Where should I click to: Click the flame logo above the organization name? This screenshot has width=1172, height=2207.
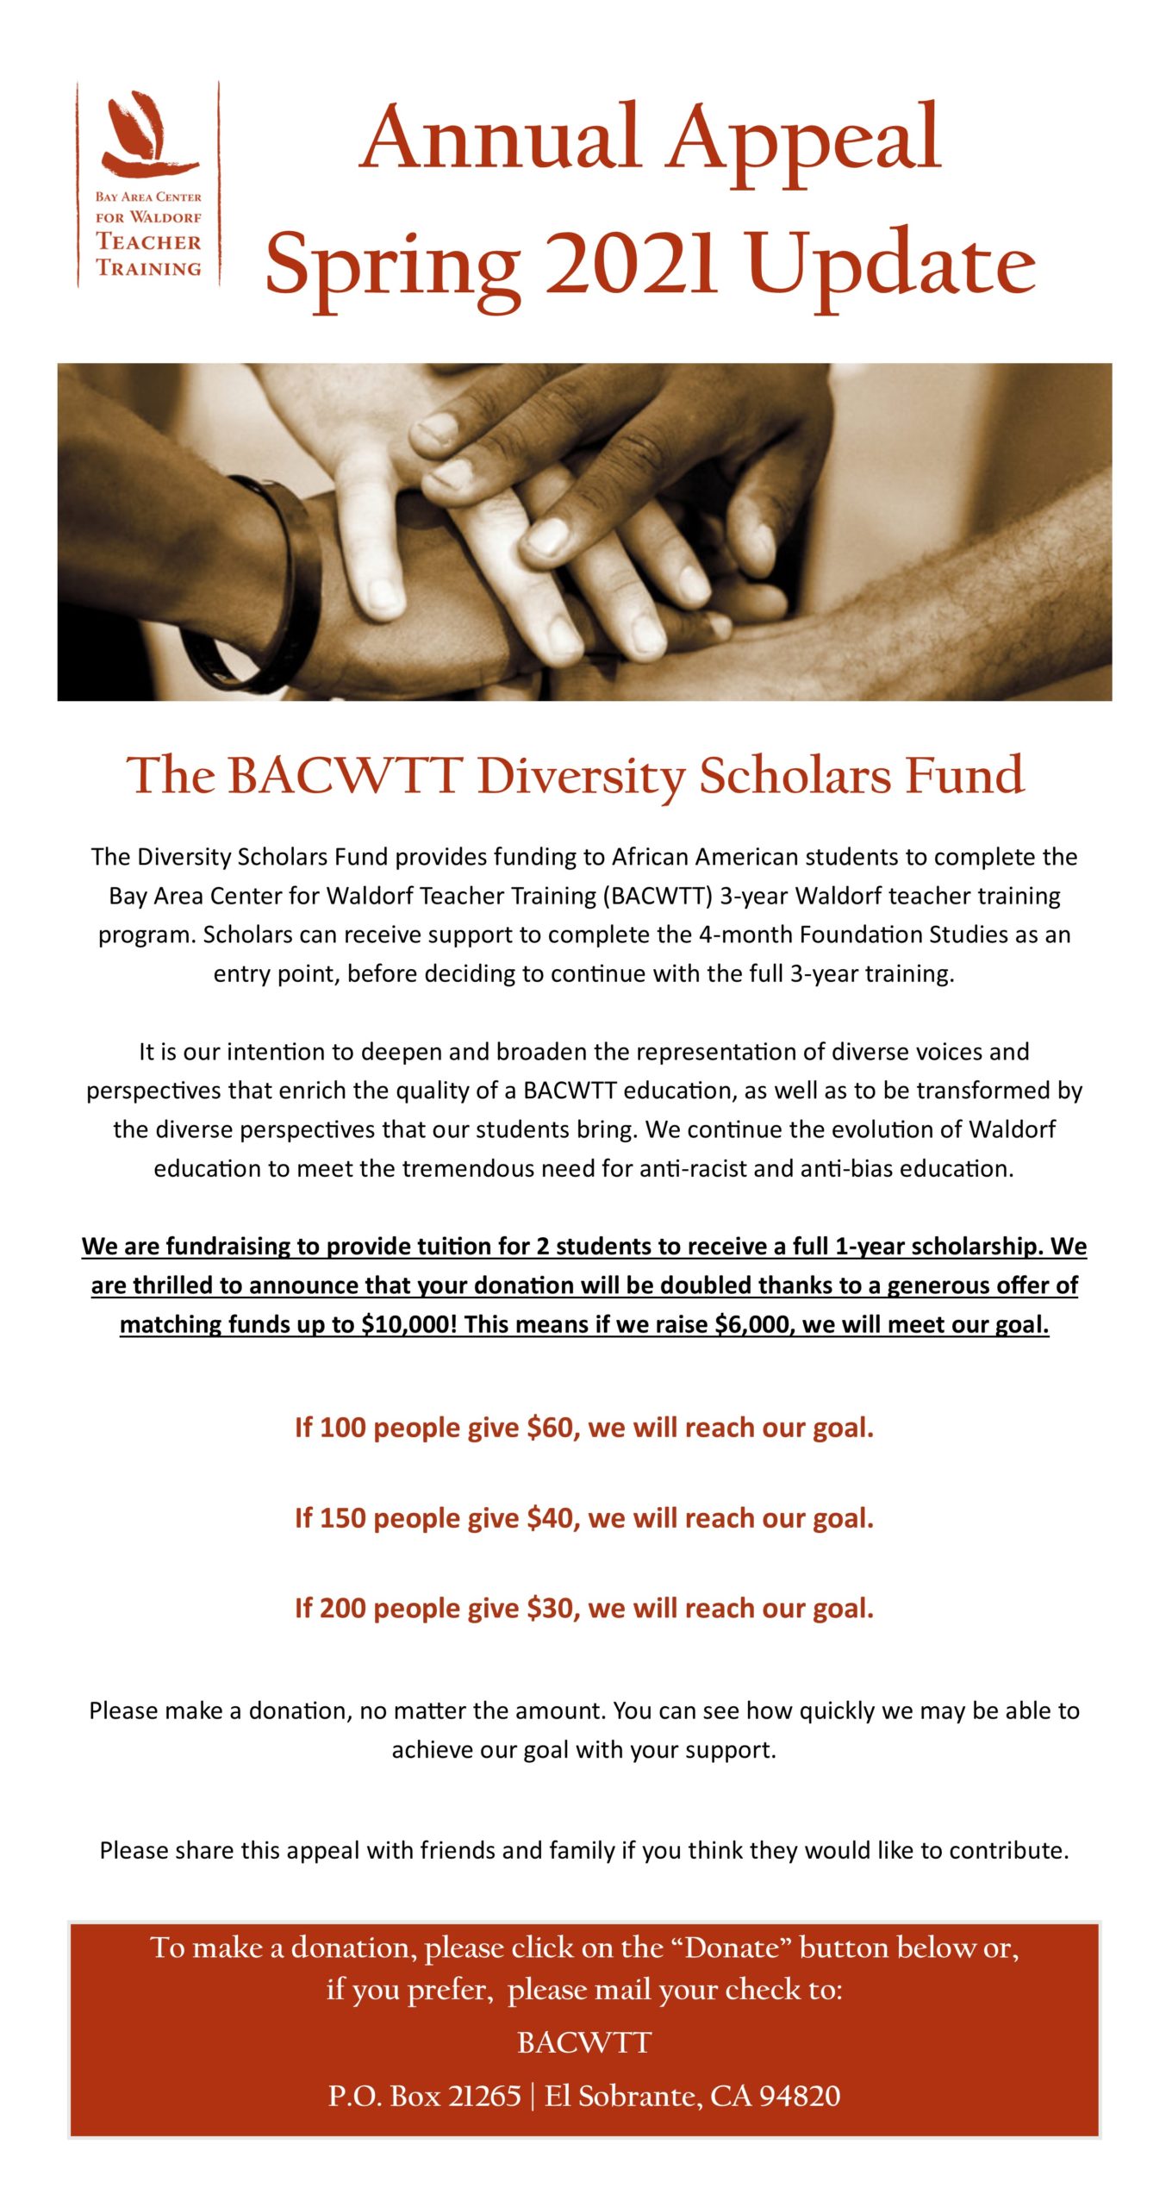click(147, 134)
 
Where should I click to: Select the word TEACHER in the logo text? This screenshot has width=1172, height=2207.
click(148, 242)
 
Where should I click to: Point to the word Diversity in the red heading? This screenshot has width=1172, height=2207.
click(581, 776)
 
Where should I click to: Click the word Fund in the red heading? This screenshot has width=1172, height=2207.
click(964, 776)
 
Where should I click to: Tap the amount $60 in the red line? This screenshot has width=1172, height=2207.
click(552, 1428)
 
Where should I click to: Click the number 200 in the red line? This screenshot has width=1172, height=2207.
click(343, 1609)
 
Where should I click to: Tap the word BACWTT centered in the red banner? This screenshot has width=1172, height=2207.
click(584, 2043)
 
